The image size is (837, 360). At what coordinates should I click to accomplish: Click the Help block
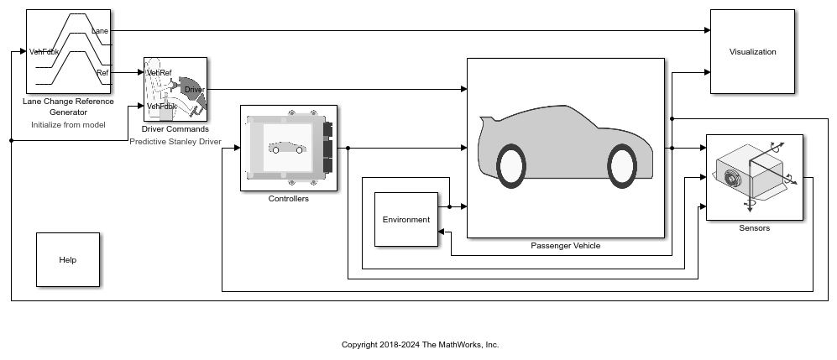coord(67,260)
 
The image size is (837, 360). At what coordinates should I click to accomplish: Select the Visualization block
coord(752,52)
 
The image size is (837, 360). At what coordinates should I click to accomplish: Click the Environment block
coord(405,220)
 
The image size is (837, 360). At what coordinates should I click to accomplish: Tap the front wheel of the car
coord(620,165)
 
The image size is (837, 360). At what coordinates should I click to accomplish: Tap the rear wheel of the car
coord(512,165)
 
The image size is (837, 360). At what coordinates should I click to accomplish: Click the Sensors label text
coord(754,228)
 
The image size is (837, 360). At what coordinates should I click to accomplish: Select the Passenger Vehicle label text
coord(565,246)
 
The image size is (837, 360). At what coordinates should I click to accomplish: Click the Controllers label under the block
coord(288,199)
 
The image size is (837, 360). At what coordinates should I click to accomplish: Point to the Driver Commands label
coord(175,129)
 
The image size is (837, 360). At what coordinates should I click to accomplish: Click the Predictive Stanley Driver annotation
coord(175,142)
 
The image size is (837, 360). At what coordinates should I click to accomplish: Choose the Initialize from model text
coord(68,124)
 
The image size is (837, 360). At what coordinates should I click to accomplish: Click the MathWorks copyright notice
coord(420,345)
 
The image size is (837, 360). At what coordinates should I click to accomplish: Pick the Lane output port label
coord(100,30)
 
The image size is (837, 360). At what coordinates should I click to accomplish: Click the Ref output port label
coord(102,73)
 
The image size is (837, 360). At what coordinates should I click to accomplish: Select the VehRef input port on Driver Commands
coord(159,73)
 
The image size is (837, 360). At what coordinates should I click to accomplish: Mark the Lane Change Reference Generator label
coord(68,107)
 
